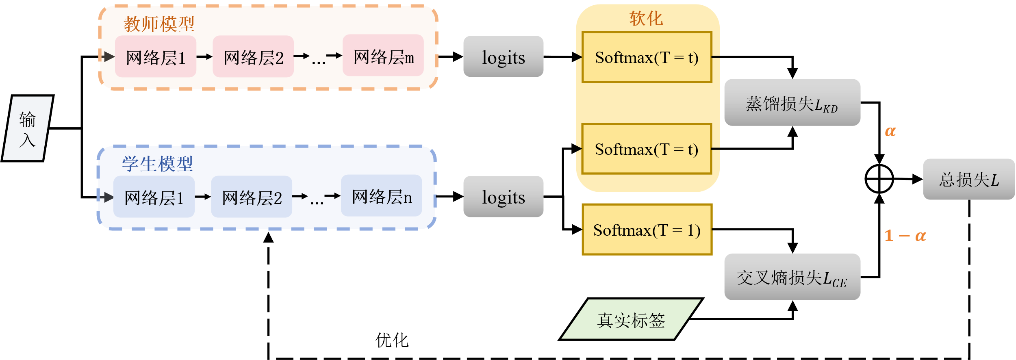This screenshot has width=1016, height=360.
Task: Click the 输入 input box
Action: click(x=27, y=128)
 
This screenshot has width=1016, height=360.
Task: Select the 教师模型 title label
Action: click(x=159, y=24)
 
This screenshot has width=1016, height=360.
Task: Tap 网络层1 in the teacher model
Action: click(x=156, y=57)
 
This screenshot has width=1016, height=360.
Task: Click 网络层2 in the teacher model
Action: click(x=253, y=57)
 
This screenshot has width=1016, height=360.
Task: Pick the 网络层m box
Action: click(x=383, y=56)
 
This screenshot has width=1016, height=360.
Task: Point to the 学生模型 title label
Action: click(x=157, y=164)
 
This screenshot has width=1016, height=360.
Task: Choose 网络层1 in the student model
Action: click(x=154, y=198)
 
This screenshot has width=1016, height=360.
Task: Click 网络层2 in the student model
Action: click(x=252, y=198)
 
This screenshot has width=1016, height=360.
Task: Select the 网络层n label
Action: click(x=382, y=197)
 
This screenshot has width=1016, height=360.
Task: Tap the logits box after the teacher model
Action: click(x=503, y=57)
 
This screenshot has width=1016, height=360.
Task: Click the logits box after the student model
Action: click(x=503, y=197)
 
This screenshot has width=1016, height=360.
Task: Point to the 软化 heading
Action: click(x=646, y=18)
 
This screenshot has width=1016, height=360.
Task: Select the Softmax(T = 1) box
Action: click(x=647, y=230)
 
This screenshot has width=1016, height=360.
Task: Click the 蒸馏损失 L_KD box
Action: click(x=792, y=103)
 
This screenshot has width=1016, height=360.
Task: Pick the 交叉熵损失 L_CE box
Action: click(x=792, y=278)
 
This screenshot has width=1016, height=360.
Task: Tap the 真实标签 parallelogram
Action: click(x=631, y=320)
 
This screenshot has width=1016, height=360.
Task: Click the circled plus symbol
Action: click(x=879, y=179)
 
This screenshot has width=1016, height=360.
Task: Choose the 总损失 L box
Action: click(x=969, y=179)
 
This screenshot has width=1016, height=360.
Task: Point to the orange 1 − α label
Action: click(x=905, y=236)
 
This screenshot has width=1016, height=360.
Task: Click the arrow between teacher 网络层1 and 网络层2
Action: click(x=204, y=56)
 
